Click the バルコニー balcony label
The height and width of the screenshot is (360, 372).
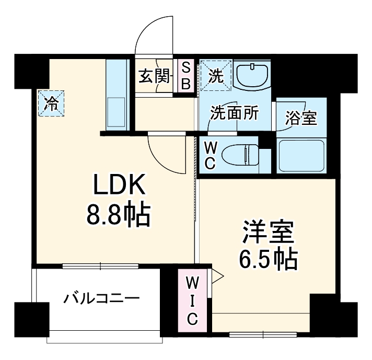101,299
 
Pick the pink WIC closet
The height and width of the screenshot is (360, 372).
192,300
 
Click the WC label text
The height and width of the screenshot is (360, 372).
209,155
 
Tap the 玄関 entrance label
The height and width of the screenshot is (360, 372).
155,77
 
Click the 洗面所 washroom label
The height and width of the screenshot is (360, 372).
235,113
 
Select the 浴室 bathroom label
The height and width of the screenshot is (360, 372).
300,118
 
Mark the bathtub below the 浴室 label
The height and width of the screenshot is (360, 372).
301,155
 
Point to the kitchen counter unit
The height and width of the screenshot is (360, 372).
117,94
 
